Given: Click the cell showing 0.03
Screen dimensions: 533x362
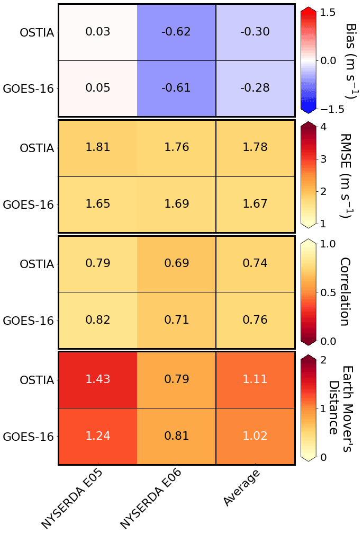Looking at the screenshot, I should (98, 32).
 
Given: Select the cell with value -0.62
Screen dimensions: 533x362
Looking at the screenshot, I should (176, 32).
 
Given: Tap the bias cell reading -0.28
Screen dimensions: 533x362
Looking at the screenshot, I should (255, 88).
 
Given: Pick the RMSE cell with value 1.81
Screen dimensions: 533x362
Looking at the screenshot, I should (98, 147).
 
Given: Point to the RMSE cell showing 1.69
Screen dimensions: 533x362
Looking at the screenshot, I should (176, 204).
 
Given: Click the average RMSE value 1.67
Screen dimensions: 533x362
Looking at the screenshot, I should (255, 204).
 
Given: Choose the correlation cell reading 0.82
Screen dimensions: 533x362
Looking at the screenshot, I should (98, 319).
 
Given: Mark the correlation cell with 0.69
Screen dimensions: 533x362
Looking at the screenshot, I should (176, 263).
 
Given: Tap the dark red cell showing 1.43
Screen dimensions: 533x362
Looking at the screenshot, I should (98, 379).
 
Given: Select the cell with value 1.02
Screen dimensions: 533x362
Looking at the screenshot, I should (255, 436).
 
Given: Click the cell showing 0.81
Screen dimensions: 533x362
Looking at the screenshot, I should (176, 436).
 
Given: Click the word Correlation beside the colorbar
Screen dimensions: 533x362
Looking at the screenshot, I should (345, 291).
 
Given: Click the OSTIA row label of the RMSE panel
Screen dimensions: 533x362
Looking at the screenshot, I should (37, 148).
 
